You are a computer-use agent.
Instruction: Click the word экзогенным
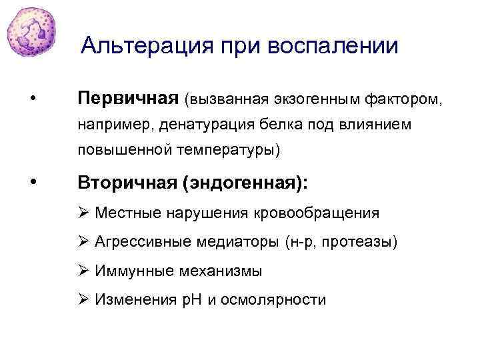316,99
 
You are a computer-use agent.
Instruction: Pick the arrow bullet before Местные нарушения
84,213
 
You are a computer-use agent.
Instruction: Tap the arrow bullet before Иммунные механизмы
84,271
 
